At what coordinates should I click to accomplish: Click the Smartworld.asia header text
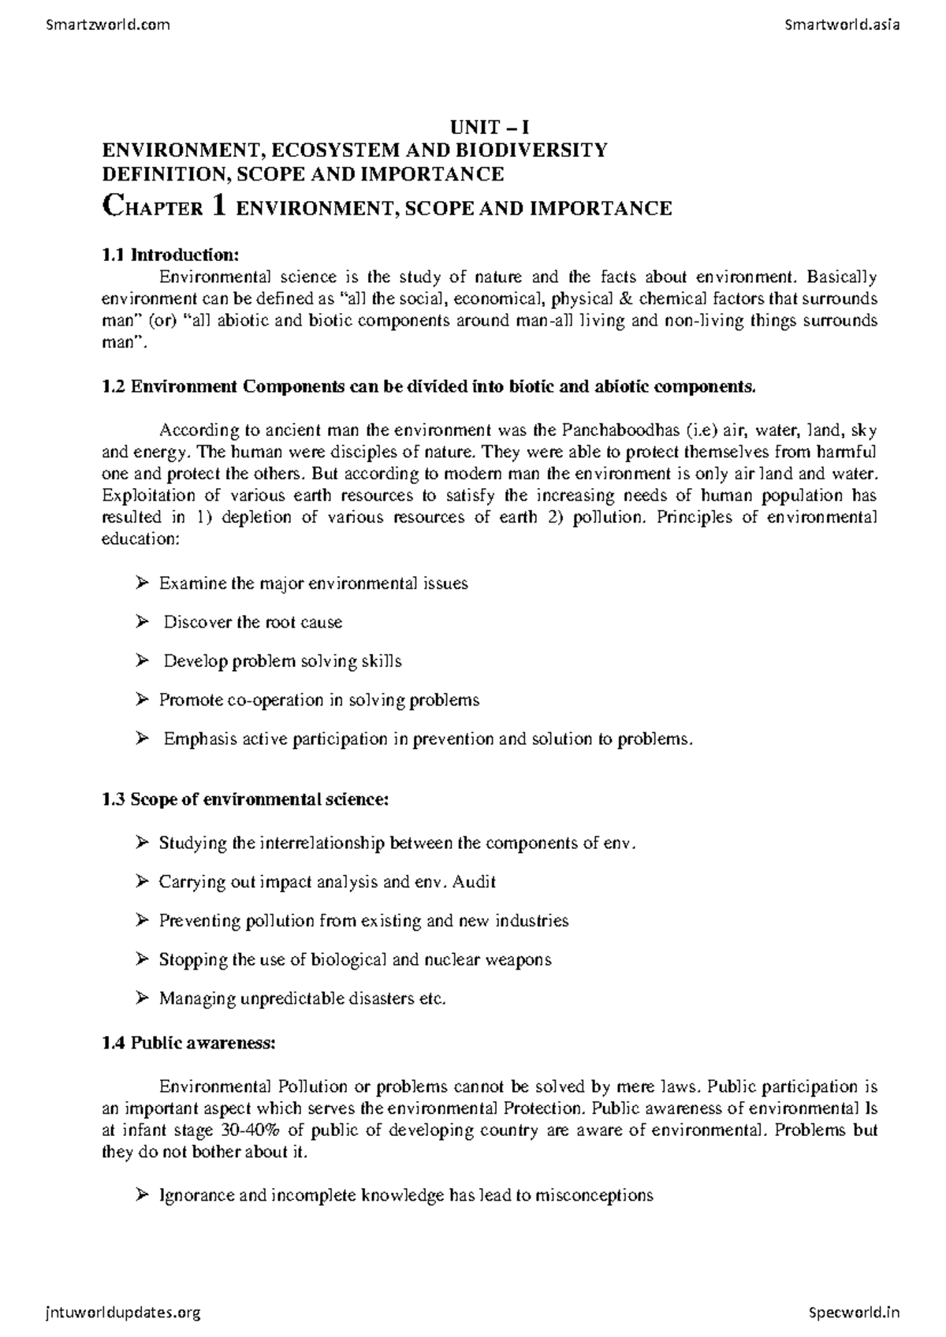coord(843,24)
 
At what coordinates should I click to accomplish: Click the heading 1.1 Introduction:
coord(169,255)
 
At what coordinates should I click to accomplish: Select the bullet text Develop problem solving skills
coord(282,661)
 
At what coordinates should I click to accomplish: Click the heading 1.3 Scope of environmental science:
coord(245,799)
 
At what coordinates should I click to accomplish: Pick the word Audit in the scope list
coord(476,882)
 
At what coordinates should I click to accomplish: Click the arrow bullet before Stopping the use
coord(142,959)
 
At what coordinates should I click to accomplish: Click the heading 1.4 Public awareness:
coord(188,1043)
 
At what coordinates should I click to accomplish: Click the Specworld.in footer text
coord(854,1313)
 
